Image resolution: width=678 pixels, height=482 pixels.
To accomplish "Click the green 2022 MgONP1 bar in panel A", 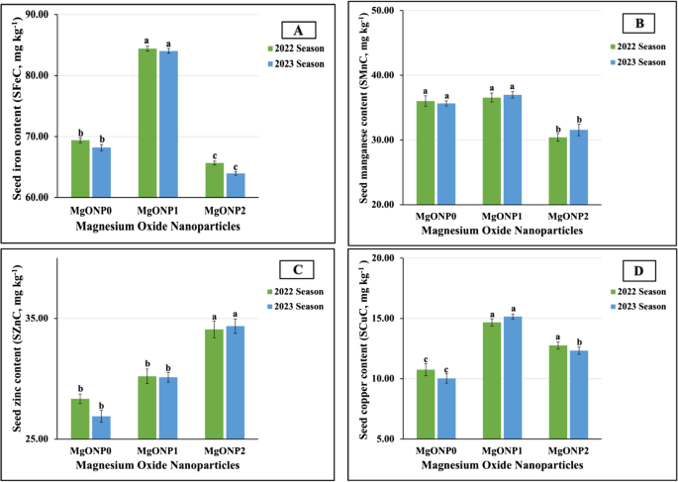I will [x=146, y=123].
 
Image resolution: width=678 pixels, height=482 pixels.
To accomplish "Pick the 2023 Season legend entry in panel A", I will [x=297, y=61].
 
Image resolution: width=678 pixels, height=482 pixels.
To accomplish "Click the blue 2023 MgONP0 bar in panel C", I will [x=102, y=428].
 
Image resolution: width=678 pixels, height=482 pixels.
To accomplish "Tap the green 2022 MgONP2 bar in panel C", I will [x=214, y=384].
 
